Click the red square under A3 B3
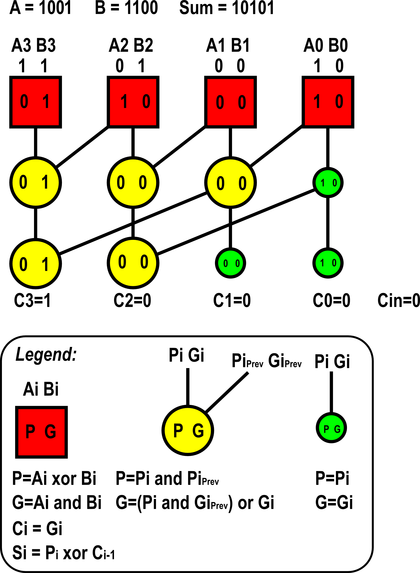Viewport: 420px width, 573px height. click(x=36, y=102)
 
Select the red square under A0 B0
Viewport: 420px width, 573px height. click(x=328, y=102)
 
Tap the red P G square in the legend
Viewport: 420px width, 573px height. click(x=41, y=432)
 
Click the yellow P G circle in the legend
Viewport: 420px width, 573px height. click(x=188, y=430)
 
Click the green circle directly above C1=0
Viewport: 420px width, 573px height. click(x=230, y=263)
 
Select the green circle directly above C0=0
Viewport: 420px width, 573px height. click(x=328, y=263)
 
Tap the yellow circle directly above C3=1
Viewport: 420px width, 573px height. click(x=36, y=264)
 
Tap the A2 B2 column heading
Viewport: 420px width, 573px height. click(x=131, y=45)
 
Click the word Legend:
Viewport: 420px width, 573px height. click(x=46, y=354)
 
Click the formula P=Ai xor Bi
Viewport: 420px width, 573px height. click(x=54, y=478)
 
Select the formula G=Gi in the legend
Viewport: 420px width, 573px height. click(x=334, y=502)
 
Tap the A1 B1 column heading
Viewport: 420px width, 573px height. click(x=228, y=45)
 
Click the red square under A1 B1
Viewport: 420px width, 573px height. click(x=230, y=102)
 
